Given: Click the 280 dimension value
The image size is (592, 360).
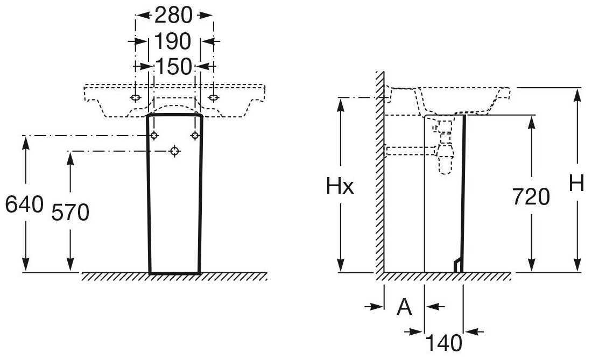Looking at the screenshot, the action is click(173, 16).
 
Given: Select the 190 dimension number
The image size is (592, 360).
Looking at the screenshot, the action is click(173, 41).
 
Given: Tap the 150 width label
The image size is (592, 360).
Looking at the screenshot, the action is click(174, 67).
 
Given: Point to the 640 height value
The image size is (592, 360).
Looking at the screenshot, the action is click(25, 204).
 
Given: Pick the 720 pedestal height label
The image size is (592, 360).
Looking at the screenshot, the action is click(531, 197).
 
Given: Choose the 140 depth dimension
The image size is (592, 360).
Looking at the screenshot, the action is click(443, 343).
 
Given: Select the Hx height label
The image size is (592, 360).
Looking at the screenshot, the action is click(340, 186).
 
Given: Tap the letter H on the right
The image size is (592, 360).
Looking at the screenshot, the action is click(576, 185).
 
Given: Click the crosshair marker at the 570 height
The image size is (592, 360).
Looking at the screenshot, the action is click(174, 151).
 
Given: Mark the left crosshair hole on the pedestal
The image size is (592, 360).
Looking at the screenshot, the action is click(154, 135).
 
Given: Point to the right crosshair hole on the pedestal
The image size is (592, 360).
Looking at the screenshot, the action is click(195, 135).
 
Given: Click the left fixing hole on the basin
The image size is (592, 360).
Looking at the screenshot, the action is click(136, 98).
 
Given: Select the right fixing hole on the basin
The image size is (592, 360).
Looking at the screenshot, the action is click(213, 98).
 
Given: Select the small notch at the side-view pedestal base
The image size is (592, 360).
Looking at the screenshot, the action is click(458, 265).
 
